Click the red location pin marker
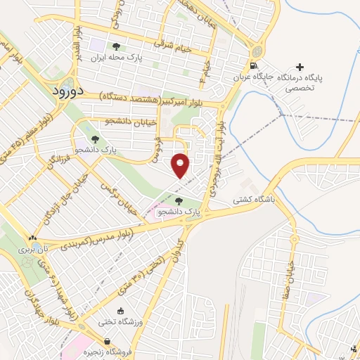coord(181,165)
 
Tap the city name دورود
coord(67,91)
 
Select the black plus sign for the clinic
coord(300,67)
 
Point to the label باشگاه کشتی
coord(256,200)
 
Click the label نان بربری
coord(35,249)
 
